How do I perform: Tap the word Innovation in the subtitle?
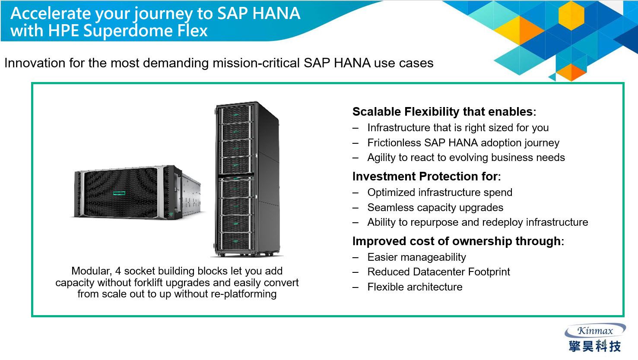point(35,63)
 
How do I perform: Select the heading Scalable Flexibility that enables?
point(444,111)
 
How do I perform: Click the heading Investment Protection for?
point(426,177)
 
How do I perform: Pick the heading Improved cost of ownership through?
point(458,241)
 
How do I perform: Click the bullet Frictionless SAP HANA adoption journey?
point(463,142)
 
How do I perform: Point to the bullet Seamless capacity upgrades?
point(435,208)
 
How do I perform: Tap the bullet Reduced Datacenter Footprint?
point(438,272)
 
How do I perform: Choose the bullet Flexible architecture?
point(415,287)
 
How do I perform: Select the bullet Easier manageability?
point(417,257)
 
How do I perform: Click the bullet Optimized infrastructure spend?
point(440,193)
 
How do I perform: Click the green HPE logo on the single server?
point(119,193)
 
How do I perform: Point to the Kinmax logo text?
point(595,331)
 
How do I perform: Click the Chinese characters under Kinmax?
point(595,346)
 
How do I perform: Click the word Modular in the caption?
point(92,271)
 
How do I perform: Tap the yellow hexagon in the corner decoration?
point(571,15)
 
